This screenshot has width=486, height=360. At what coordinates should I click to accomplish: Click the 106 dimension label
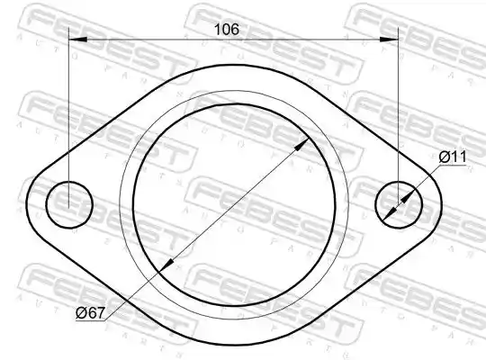(227, 29)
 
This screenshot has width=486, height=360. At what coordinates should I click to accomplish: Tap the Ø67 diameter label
(91, 313)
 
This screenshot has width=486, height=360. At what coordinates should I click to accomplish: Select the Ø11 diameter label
(453, 157)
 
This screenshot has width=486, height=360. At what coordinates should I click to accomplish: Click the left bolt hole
(69, 204)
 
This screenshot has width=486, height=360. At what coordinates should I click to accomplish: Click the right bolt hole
(399, 204)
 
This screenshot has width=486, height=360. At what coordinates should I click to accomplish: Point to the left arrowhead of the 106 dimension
(77, 40)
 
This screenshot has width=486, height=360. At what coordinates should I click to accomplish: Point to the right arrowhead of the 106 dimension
(389, 40)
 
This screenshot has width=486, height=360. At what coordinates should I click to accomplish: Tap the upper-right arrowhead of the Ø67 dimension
(301, 145)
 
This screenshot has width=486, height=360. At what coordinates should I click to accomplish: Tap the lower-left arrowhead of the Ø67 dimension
(166, 265)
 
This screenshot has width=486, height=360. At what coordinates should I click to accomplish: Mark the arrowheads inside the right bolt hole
(399, 204)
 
